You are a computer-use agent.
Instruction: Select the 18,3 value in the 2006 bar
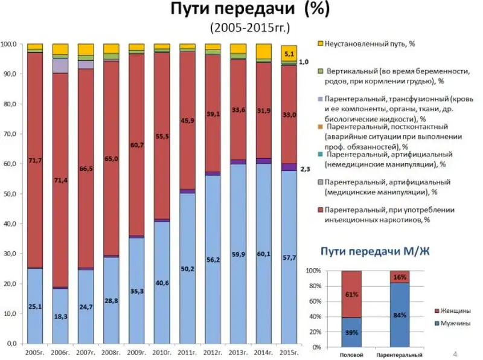click(x=60, y=316)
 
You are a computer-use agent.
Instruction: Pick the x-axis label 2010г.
click(x=162, y=351)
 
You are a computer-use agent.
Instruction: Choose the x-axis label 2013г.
click(x=238, y=351)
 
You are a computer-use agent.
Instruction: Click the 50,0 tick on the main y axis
click(x=10, y=194)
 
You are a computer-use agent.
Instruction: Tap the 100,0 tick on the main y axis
click(x=9, y=45)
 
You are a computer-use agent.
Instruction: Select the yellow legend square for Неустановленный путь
click(x=321, y=44)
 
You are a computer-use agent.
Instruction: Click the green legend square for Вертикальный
click(x=321, y=71)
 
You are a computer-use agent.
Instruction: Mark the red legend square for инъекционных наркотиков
click(x=321, y=210)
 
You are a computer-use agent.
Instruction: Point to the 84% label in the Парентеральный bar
click(x=400, y=314)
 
